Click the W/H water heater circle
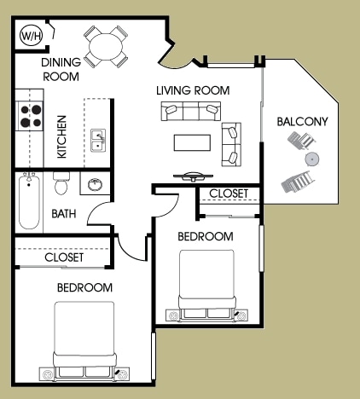click(31, 36)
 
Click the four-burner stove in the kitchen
click(32, 115)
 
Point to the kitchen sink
click(99, 141)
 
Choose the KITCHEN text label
click(61, 136)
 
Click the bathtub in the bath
click(30, 203)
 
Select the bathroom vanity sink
click(93, 184)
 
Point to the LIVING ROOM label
click(192, 90)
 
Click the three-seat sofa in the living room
click(191, 112)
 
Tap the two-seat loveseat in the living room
click(230, 144)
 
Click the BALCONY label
click(302, 122)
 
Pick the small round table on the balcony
click(312, 159)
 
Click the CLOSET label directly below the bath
click(64, 257)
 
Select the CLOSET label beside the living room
click(229, 194)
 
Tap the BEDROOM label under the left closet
click(84, 287)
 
